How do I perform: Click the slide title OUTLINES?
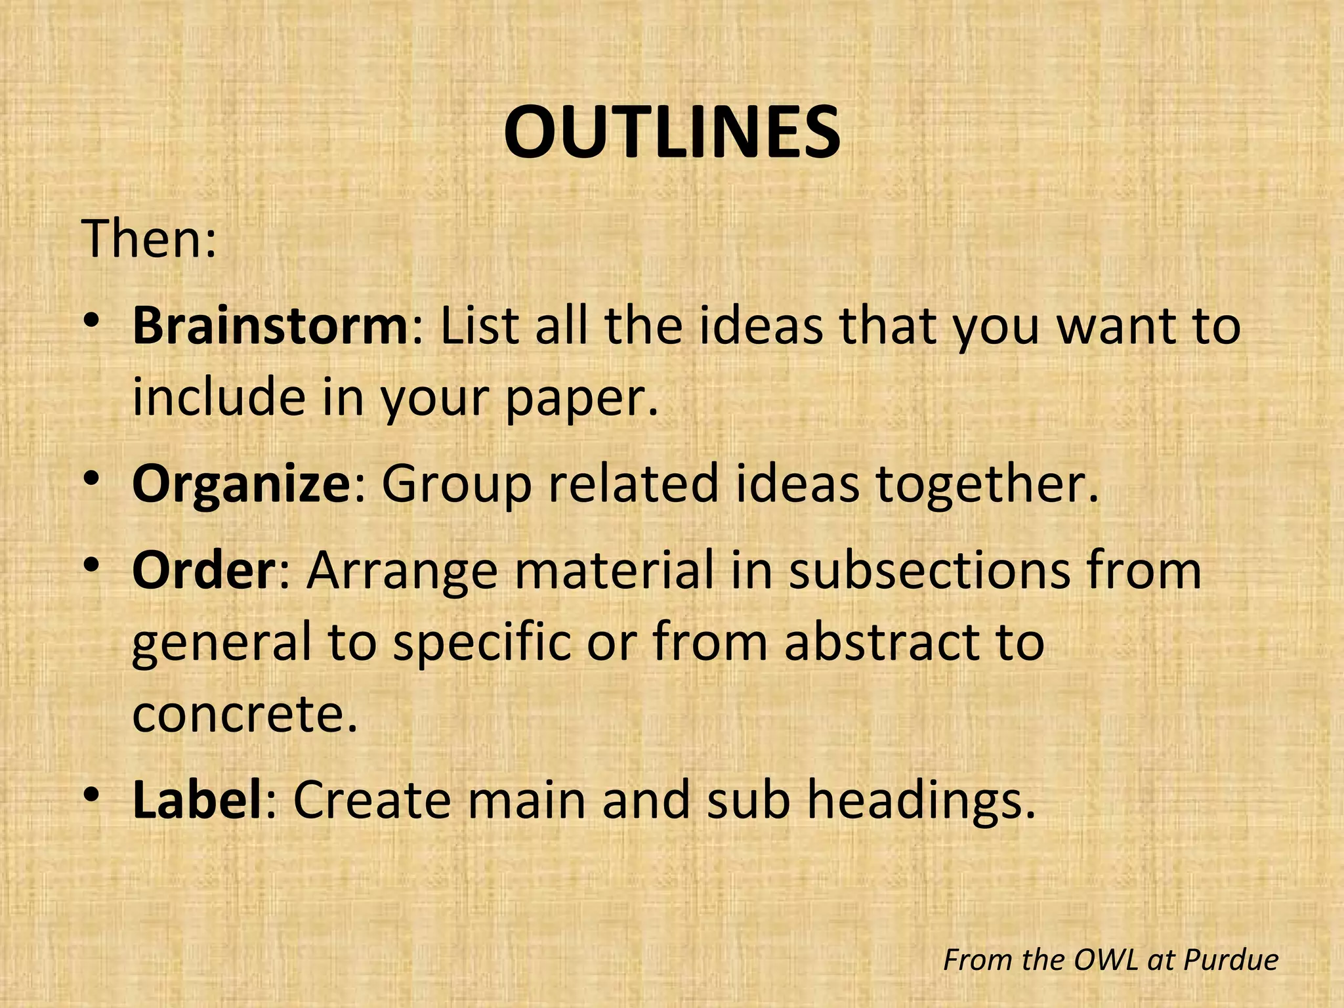672,133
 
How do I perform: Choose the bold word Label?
198,800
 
